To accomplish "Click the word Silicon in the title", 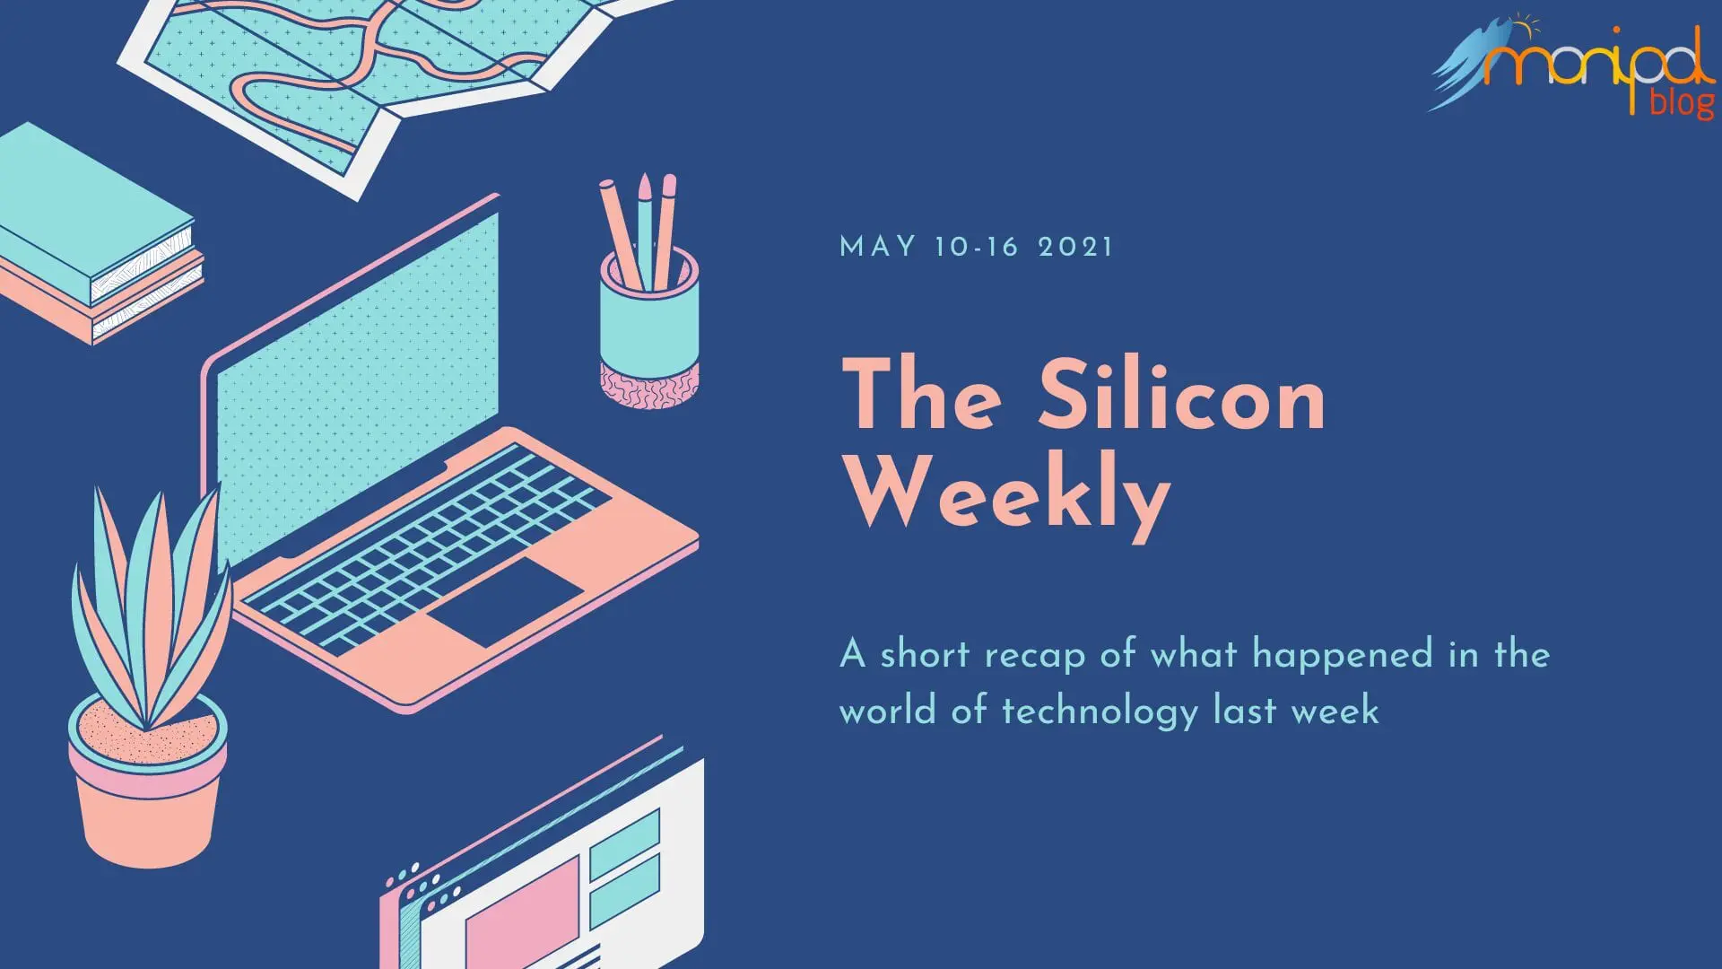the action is [x=1181, y=395].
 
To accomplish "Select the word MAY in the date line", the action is [x=878, y=247].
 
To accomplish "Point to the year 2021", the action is [x=1075, y=247].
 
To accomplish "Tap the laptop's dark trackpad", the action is [x=505, y=600].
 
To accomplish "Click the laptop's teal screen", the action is [x=358, y=386].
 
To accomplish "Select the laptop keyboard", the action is [x=426, y=548].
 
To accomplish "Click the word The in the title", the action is [x=923, y=395].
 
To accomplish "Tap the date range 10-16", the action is [x=976, y=247].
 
